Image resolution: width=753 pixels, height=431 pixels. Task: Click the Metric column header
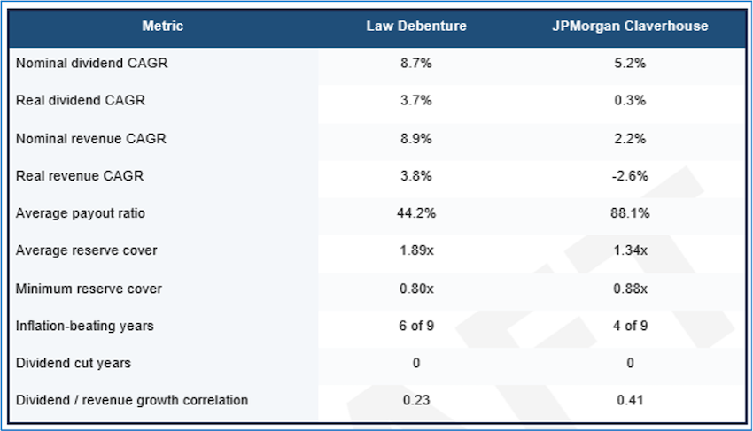[162, 27]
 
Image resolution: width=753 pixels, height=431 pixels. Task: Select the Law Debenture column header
[416, 27]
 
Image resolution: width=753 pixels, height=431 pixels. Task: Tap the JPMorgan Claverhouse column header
[630, 27]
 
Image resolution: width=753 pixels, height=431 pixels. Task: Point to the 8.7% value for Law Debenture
[416, 64]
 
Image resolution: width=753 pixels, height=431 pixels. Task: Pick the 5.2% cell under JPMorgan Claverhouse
[630, 64]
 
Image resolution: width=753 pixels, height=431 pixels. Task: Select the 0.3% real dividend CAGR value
[630, 101]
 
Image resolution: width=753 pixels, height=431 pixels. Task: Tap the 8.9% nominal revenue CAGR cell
[416, 139]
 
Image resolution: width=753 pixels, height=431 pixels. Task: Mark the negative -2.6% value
[630, 176]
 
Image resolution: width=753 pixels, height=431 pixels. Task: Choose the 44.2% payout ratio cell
[416, 213]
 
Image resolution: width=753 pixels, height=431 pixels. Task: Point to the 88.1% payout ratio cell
[630, 213]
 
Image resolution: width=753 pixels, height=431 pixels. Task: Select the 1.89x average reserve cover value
[416, 250]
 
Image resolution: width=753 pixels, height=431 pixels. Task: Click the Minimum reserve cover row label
[89, 289]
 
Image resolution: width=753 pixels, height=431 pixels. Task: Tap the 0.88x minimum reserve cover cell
[630, 289]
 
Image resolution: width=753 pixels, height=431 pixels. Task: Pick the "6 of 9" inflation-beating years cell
[416, 326]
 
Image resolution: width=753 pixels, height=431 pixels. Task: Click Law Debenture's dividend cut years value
[416, 363]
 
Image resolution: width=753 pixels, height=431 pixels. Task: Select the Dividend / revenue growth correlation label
[132, 400]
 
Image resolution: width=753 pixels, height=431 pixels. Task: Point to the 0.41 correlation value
[630, 400]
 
